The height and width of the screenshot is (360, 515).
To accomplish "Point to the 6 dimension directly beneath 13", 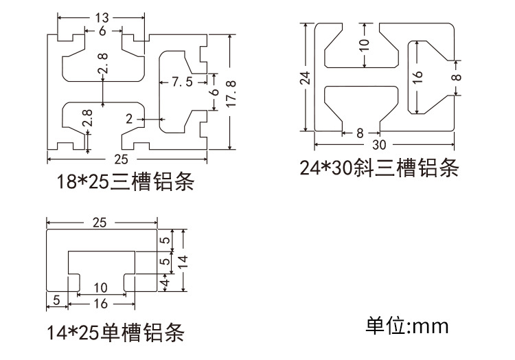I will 102,32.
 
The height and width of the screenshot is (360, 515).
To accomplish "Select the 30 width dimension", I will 378,145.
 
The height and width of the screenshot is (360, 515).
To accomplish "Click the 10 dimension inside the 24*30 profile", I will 363,45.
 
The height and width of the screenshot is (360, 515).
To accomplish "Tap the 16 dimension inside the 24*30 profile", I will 418,77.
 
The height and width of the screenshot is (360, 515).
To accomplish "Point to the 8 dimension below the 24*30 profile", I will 360,133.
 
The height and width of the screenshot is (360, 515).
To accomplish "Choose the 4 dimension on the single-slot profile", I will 164,282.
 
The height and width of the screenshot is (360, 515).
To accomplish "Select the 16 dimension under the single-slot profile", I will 100,304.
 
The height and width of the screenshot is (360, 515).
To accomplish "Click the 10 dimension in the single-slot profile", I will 100,286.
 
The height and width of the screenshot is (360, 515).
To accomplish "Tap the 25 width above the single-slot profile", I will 101,223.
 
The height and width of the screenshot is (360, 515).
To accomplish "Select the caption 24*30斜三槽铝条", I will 378,168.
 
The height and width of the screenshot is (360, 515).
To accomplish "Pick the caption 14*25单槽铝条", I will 115,335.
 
